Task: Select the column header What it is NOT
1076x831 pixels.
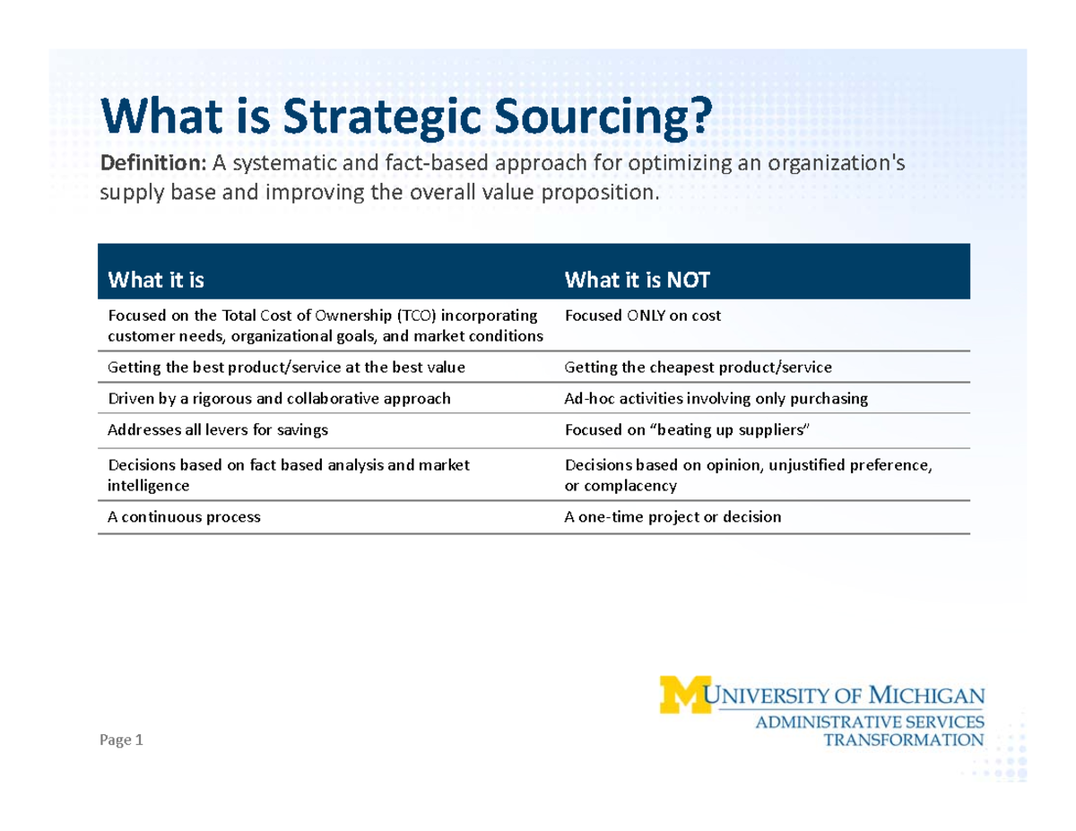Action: (x=637, y=281)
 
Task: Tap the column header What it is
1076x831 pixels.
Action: (x=156, y=281)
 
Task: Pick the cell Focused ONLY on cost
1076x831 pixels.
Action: (x=643, y=316)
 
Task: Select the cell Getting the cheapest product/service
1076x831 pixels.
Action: (x=698, y=367)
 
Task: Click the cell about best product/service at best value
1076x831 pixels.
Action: (x=286, y=367)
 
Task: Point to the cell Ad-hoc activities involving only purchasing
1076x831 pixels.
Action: (x=716, y=399)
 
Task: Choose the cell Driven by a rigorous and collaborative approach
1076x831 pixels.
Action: (x=279, y=399)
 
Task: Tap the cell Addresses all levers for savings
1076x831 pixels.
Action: (x=218, y=430)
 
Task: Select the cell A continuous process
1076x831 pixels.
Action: (x=184, y=517)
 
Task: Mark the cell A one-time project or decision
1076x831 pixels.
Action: (x=672, y=517)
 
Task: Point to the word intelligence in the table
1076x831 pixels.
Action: (x=149, y=486)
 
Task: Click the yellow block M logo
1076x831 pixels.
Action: (x=682, y=694)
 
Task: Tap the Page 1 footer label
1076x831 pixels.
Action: (x=121, y=740)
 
